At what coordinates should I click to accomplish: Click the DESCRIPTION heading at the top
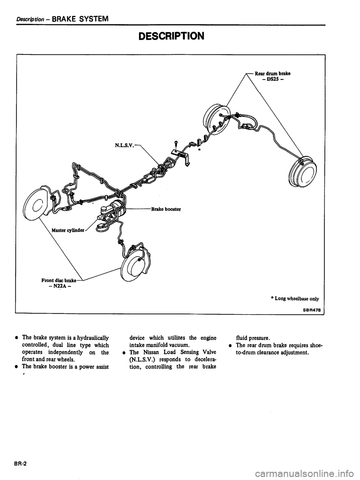tap(171, 36)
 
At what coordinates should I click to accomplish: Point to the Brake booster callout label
tap(166, 209)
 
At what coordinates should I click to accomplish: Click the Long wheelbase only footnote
tap(297, 298)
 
